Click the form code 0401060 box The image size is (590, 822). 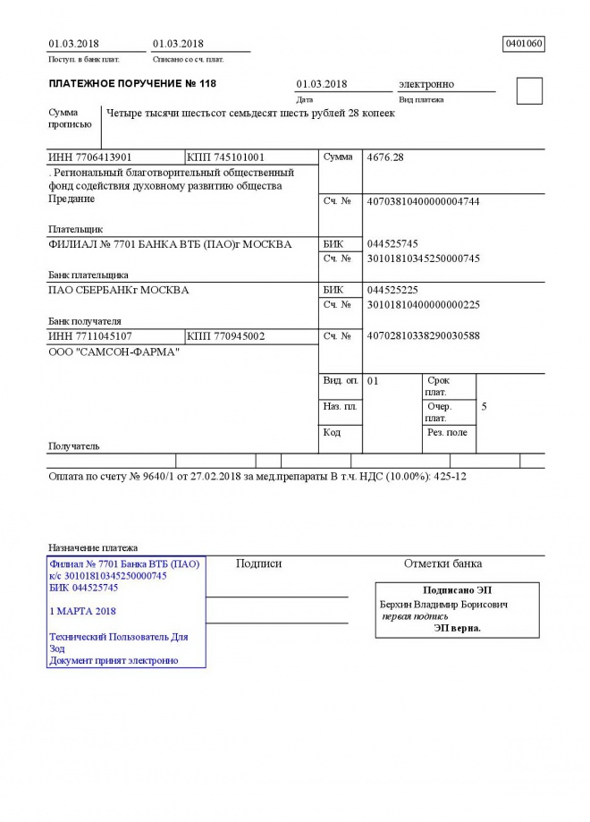click(524, 43)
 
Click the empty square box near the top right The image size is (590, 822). click(529, 91)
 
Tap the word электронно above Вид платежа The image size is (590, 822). click(426, 84)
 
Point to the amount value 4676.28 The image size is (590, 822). click(386, 157)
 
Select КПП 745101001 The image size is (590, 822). click(226, 157)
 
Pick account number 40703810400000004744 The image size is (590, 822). click(424, 201)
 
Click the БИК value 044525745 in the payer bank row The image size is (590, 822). click(392, 243)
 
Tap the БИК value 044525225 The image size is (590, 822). click(392, 291)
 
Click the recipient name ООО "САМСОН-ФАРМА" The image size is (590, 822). click(114, 352)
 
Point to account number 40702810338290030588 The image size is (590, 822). click(424, 336)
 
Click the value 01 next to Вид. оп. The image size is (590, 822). click(374, 381)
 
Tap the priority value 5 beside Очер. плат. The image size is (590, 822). click(484, 407)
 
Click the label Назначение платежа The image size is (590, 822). click(93, 547)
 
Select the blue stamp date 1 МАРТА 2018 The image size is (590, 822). click(83, 612)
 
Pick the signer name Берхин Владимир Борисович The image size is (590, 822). click(444, 605)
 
